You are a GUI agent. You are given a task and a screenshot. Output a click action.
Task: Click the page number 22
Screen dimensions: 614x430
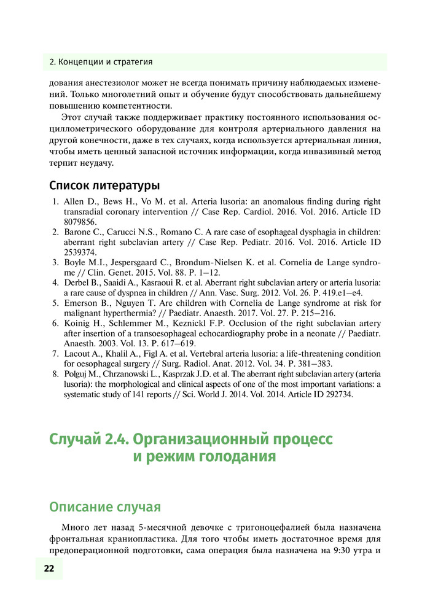point(49,569)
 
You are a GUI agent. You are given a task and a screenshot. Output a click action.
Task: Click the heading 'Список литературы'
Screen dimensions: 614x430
point(104,185)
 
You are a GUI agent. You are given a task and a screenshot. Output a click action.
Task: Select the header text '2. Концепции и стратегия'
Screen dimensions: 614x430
point(101,62)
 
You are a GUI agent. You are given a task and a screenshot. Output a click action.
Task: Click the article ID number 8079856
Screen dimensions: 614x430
point(80,222)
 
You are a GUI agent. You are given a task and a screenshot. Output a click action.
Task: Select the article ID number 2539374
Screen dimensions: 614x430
point(80,252)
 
